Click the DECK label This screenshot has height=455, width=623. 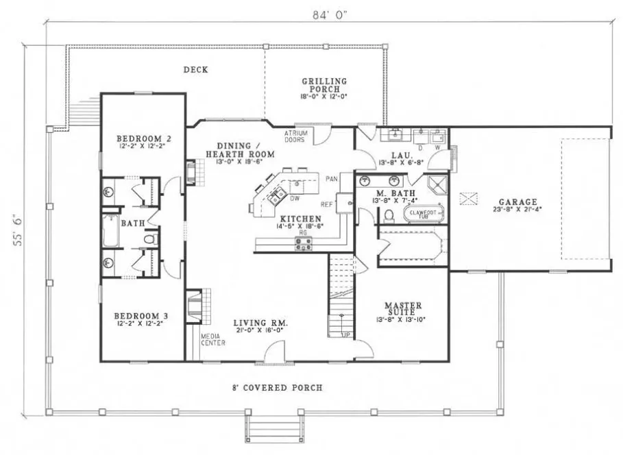click(195, 70)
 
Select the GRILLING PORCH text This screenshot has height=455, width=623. click(324, 82)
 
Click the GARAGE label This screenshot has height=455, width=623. click(517, 202)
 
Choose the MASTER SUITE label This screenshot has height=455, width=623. click(402, 305)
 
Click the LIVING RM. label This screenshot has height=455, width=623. click(260, 323)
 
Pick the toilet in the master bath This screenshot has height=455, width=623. click(389, 216)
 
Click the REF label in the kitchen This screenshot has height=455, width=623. click(327, 204)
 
